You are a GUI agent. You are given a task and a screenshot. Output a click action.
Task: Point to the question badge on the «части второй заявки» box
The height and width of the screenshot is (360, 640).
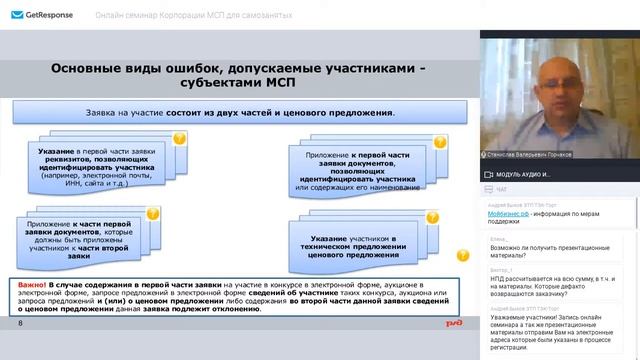(x=154, y=214)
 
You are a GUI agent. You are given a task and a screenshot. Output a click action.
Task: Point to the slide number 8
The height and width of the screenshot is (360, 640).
(x=20, y=324)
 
